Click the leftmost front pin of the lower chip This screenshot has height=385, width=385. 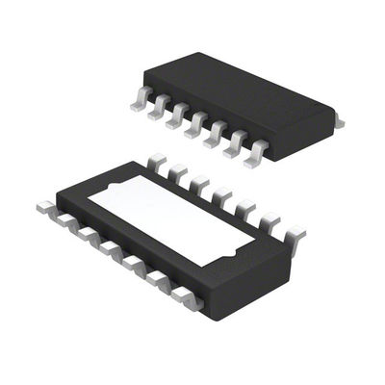point(44,206)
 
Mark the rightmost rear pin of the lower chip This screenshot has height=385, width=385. point(295,231)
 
